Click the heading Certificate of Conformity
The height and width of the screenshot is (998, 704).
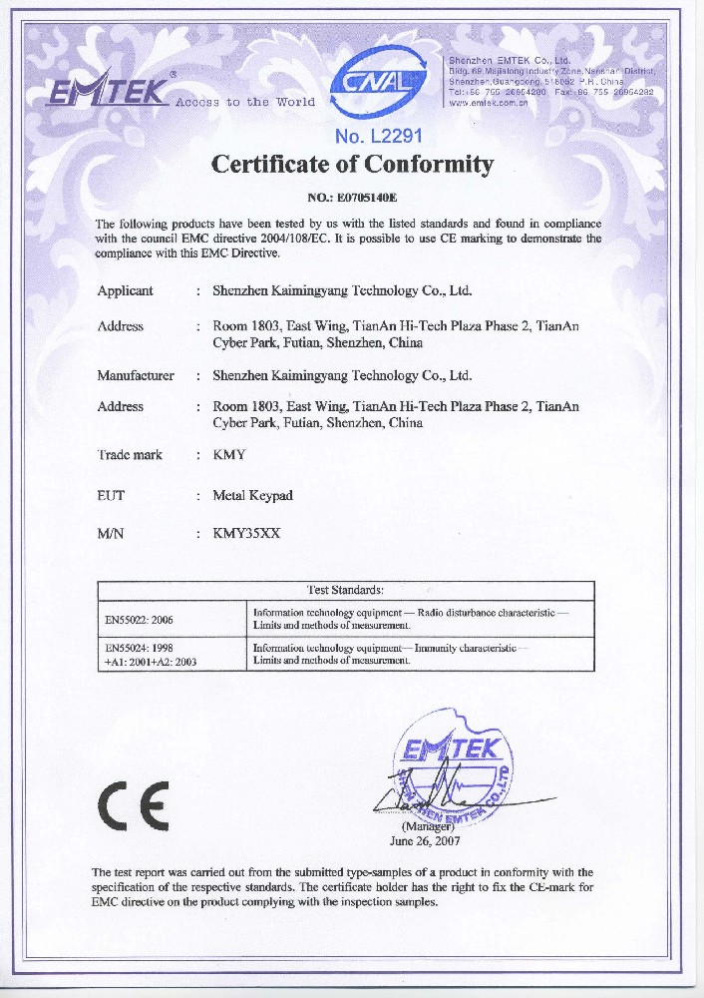[x=353, y=164]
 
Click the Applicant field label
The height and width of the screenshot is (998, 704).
[x=125, y=291]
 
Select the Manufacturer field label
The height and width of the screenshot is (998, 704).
[x=136, y=376]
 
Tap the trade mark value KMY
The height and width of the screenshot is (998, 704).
[x=229, y=455]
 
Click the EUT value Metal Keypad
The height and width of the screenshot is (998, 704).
[x=253, y=495]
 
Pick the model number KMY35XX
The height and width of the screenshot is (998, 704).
[x=247, y=534]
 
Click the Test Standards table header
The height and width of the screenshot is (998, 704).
[x=345, y=591]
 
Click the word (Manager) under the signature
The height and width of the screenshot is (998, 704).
[x=428, y=827]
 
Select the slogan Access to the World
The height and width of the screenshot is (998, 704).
[x=245, y=103]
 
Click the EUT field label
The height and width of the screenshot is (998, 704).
[x=111, y=495]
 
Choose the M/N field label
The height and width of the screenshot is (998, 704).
[x=110, y=534]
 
